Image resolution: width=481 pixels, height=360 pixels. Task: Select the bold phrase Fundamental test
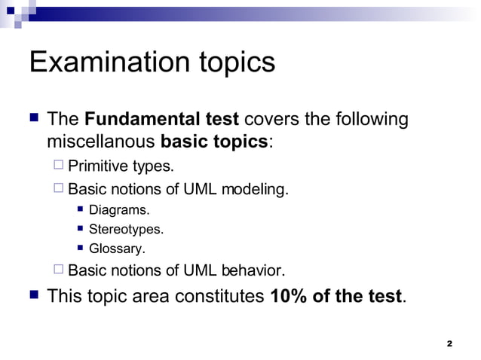(162, 120)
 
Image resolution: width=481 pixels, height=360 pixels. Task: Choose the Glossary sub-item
(117, 248)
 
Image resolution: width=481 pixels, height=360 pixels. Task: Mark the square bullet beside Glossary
(80, 247)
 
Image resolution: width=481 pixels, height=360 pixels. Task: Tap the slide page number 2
(449, 343)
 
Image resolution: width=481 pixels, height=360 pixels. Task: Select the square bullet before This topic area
(34, 295)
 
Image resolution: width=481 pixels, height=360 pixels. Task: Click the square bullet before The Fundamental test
(34, 119)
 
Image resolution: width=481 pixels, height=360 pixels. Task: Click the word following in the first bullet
(369, 120)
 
